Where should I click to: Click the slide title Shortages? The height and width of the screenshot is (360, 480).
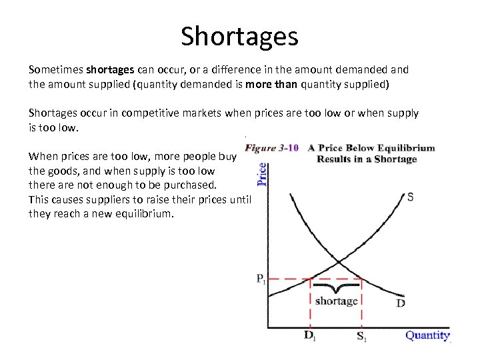(x=239, y=36)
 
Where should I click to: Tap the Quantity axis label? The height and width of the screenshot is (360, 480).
(x=427, y=335)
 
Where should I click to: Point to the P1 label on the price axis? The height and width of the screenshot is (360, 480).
(x=260, y=279)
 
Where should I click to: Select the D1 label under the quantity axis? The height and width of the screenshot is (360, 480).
(x=311, y=336)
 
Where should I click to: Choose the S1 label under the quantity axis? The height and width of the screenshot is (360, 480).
(x=361, y=336)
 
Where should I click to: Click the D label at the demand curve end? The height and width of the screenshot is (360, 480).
(x=401, y=304)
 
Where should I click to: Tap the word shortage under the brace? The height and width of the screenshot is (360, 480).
(x=336, y=301)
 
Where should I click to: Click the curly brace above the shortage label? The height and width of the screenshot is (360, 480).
(x=336, y=288)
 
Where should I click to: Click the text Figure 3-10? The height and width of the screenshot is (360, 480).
(x=271, y=148)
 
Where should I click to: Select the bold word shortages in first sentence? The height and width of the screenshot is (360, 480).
(x=111, y=69)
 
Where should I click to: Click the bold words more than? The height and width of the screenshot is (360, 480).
(x=271, y=84)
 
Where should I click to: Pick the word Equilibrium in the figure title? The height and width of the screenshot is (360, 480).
(x=403, y=148)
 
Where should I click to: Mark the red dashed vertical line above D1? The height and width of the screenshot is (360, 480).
(x=311, y=303)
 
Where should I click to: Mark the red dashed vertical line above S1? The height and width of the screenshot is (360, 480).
(x=361, y=303)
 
